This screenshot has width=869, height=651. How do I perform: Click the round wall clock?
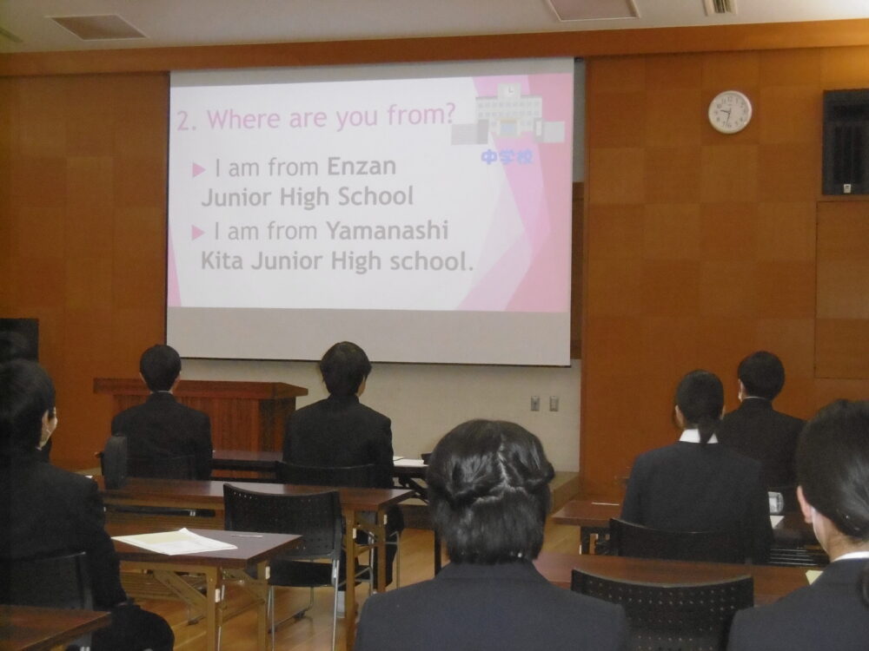[730, 112]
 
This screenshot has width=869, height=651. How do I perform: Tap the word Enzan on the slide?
[362, 166]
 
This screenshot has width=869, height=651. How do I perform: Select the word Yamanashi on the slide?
[387, 231]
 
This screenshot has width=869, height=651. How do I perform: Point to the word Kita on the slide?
[222, 260]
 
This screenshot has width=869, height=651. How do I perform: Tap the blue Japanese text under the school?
[506, 157]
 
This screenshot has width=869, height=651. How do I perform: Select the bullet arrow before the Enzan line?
[198, 170]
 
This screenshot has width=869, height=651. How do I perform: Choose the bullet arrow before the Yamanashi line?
[198, 233]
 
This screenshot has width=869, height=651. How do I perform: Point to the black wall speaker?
[846, 142]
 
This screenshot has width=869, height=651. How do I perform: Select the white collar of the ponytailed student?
[698, 437]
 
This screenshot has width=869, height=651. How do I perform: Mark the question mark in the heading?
[449, 114]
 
